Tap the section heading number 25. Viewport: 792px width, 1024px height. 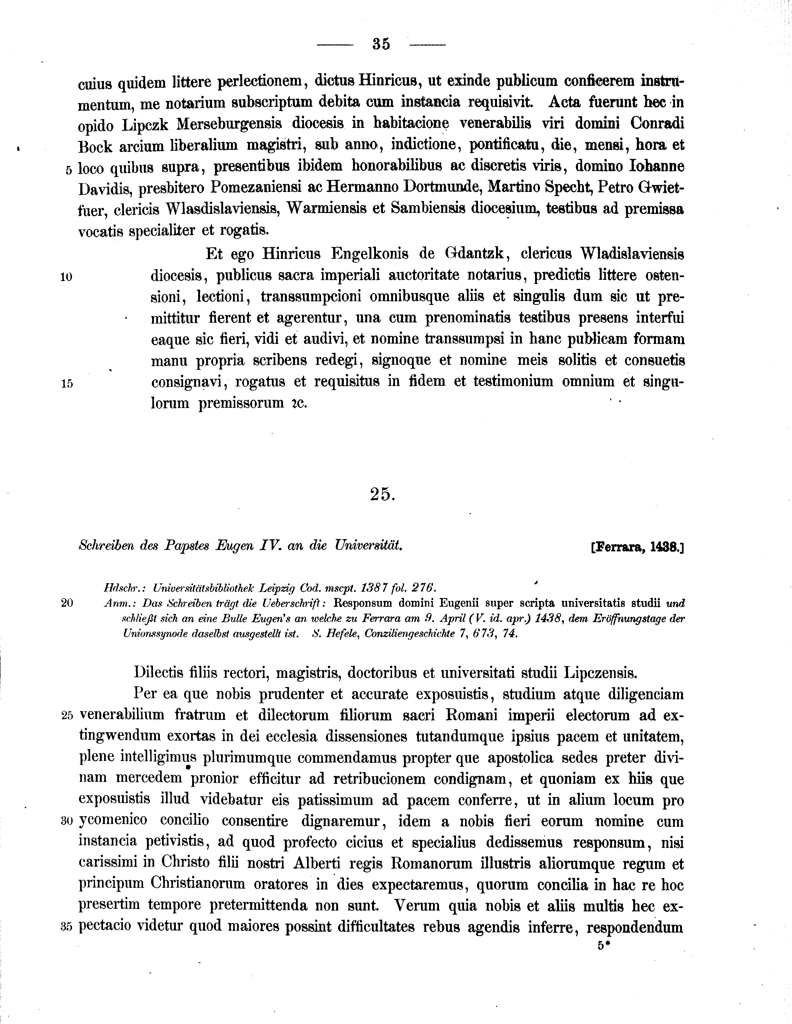(382, 494)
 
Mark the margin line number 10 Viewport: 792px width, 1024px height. (66, 277)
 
